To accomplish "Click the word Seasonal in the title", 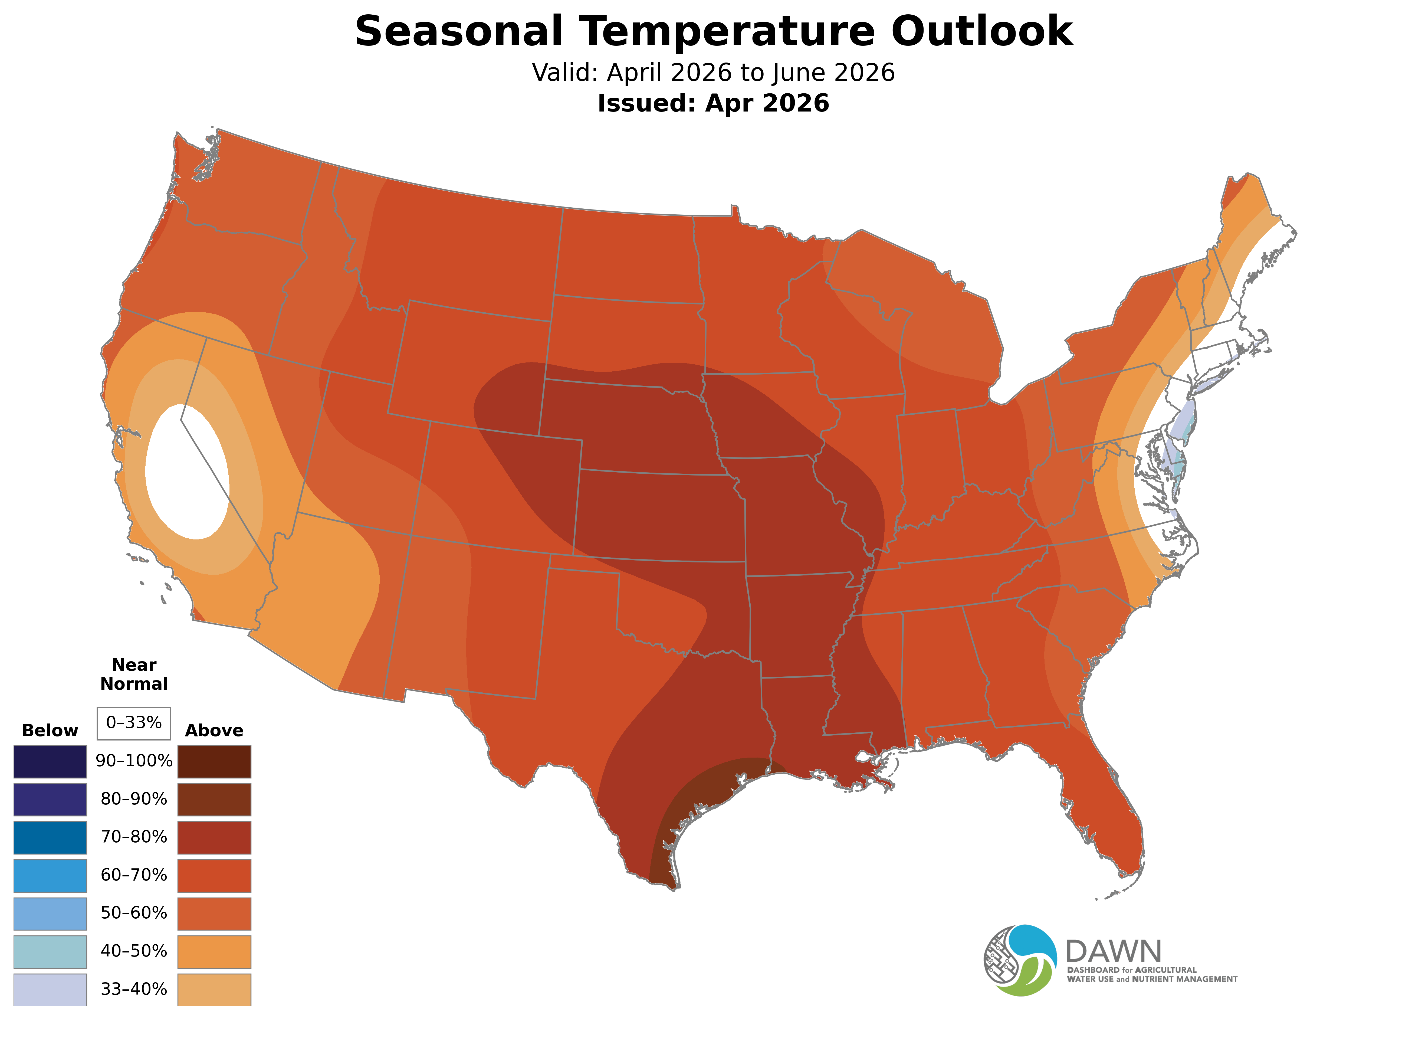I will pos(458,31).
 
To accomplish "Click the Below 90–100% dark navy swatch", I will pos(50,762).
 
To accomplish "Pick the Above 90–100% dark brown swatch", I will pos(214,762).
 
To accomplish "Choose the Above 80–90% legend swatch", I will pos(214,799).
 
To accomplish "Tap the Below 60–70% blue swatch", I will pos(50,875).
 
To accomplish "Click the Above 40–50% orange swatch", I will pos(214,951).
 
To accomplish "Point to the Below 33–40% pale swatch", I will pos(50,990).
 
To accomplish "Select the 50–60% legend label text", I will pos(134,913).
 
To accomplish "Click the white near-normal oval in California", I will pos(187,471).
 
